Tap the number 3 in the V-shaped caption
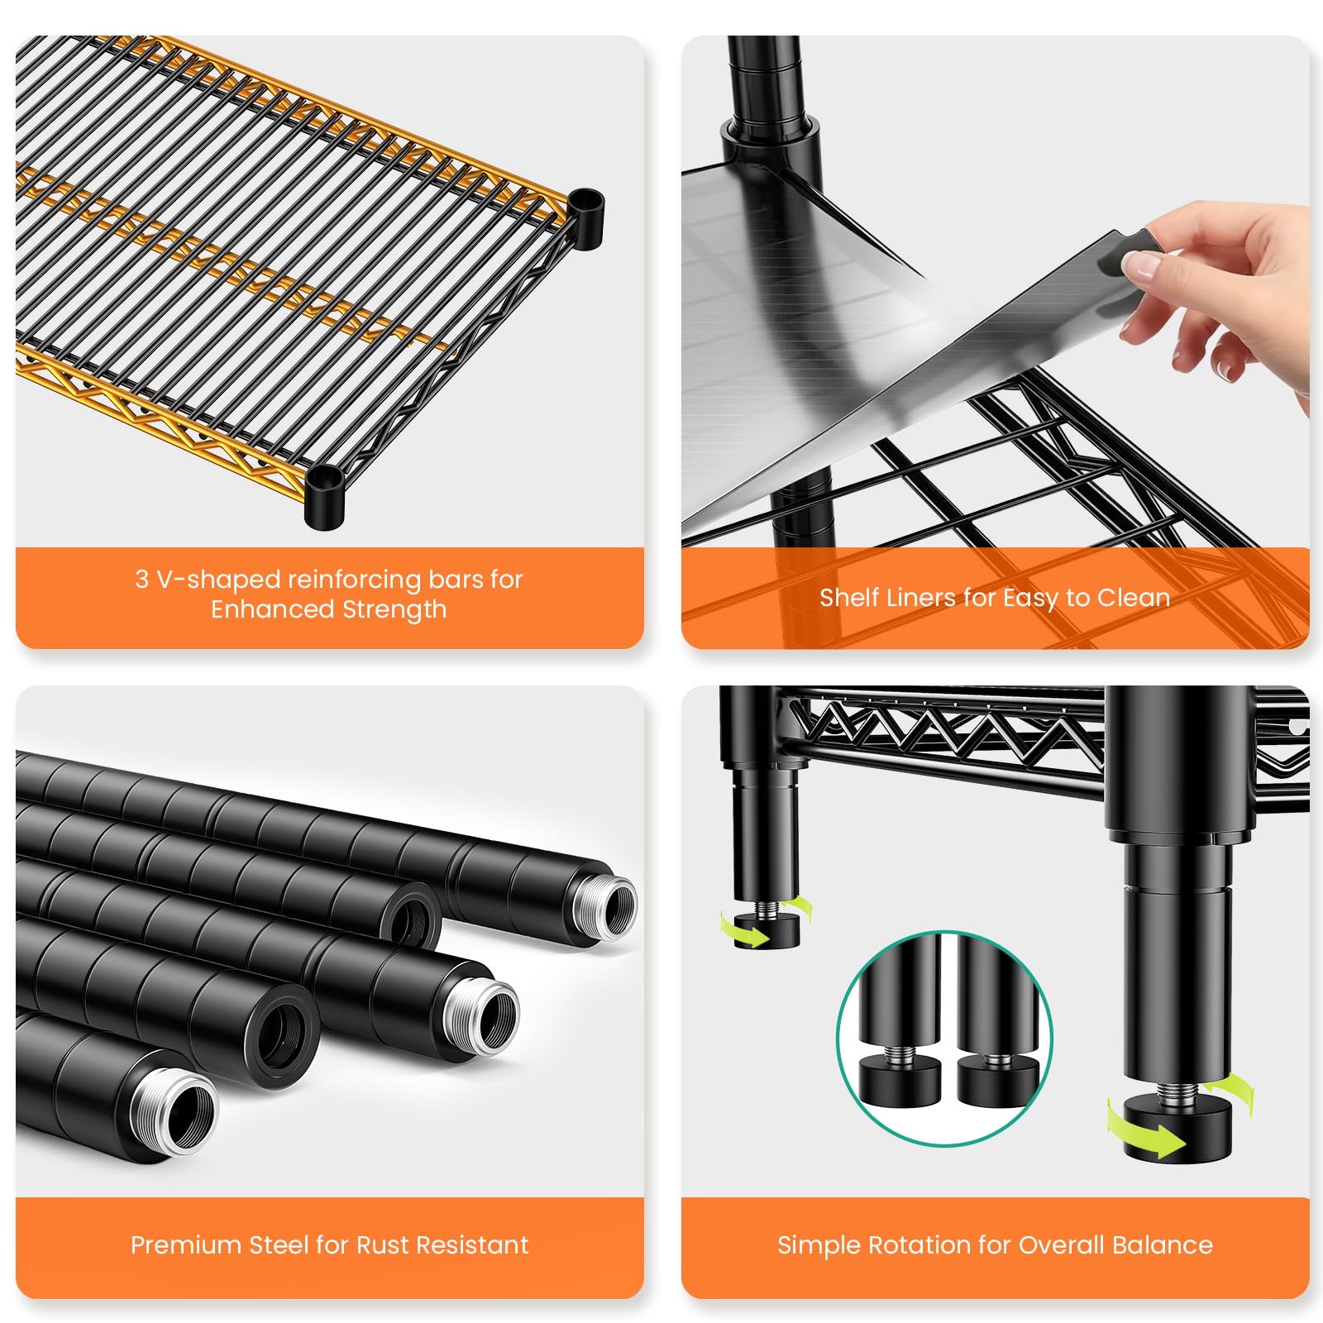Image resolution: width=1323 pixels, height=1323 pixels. point(142,579)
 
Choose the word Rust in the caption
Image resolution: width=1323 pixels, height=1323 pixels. point(380,1244)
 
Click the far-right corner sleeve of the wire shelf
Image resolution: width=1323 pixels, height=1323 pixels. point(586,218)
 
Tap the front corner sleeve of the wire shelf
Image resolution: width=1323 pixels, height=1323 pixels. point(324,496)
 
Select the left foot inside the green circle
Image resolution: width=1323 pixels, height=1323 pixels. point(899,1077)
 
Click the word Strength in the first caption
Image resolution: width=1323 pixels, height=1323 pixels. point(394,609)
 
